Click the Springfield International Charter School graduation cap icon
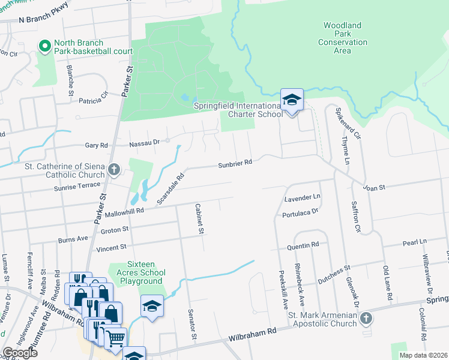pyautogui.click(x=292, y=100)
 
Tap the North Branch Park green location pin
pyautogui.click(x=44, y=46)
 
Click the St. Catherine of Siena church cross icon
pyautogui.click(x=114, y=169)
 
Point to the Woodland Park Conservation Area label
pyautogui.click(x=342, y=38)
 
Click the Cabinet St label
pyautogui.click(x=199, y=218)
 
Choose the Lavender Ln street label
pyautogui.click(x=303, y=197)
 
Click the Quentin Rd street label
pyautogui.click(x=303, y=245)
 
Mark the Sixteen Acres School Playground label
pyautogui.click(x=136, y=272)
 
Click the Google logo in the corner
pyautogui.click(x=20, y=353)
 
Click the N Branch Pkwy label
pyautogui.click(x=43, y=19)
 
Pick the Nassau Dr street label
pyautogui.click(x=145, y=143)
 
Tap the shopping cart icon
pyautogui.click(x=115, y=338)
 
